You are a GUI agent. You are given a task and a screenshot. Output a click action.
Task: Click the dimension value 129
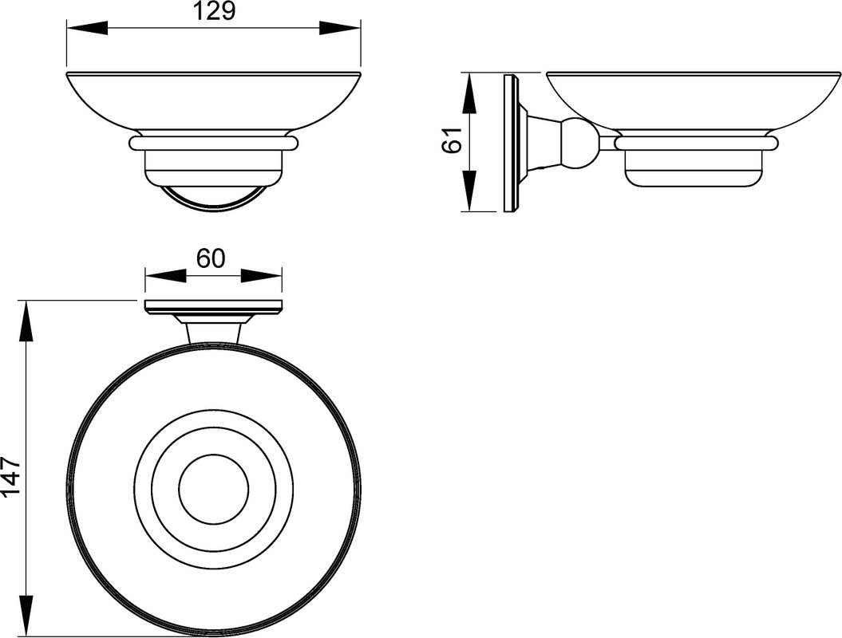tap(213, 11)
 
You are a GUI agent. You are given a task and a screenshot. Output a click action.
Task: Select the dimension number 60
tap(210, 259)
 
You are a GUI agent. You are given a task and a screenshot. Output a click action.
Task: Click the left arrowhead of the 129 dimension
tap(87, 29)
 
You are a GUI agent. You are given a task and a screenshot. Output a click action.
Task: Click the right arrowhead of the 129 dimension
tap(341, 29)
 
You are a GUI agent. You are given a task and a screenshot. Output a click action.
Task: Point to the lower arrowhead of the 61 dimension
tap(469, 191)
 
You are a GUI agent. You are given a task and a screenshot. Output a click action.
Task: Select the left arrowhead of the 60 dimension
tap(165, 276)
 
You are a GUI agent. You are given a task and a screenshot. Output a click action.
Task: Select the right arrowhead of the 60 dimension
tap(262, 276)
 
